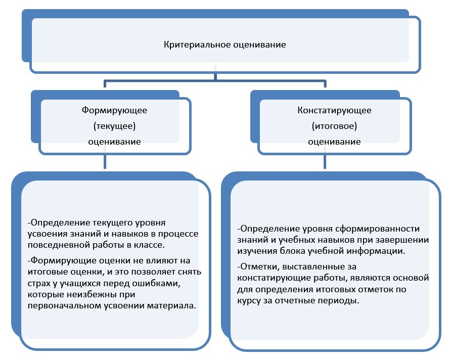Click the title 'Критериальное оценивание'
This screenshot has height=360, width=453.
tap(225, 45)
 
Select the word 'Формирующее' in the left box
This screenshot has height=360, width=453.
tap(114, 110)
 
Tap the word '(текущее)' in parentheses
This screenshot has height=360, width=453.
tap(114, 125)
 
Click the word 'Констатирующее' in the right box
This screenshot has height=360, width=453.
tap(334, 110)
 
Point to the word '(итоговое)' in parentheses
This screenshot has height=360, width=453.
tap(334, 125)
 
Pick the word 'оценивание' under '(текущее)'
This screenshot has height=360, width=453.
tap(114, 142)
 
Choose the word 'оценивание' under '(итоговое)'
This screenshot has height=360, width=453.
tap(334, 142)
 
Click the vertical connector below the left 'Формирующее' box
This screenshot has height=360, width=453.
tap(104, 162)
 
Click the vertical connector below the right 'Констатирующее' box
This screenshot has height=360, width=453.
tap(324, 162)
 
